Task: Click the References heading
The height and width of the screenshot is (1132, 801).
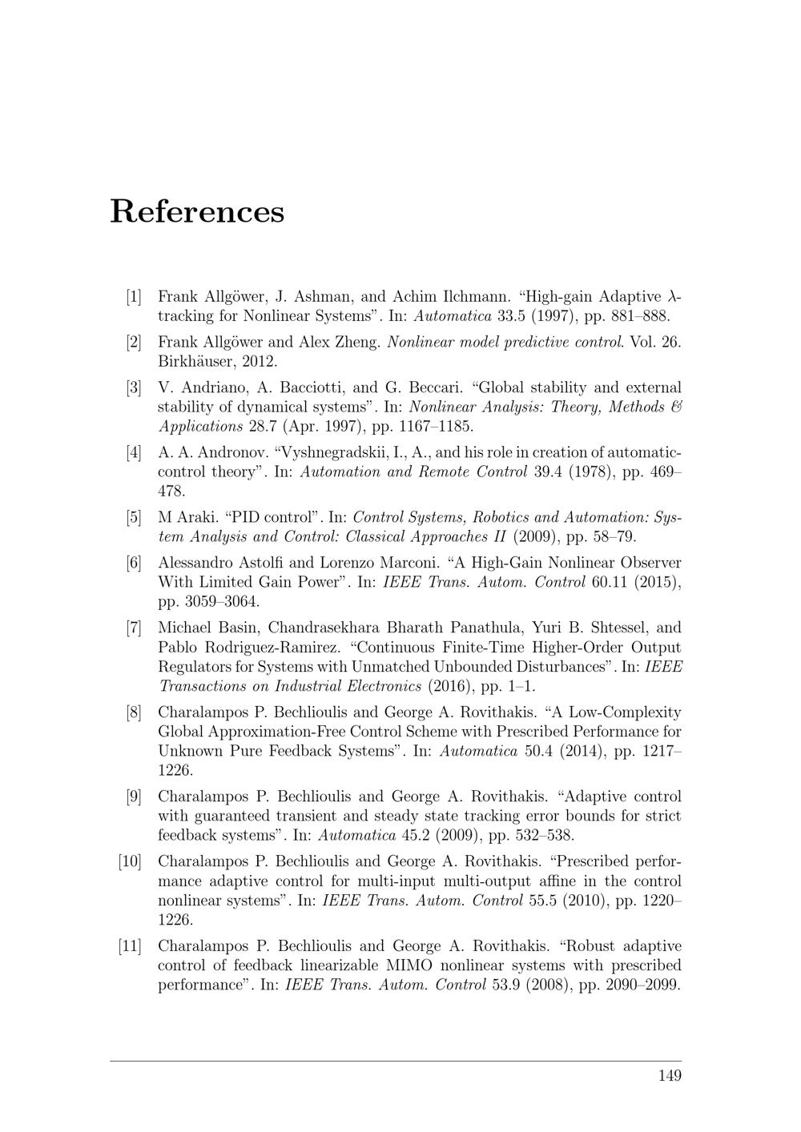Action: [x=197, y=211]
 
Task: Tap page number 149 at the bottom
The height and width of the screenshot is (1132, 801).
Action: [x=670, y=1075]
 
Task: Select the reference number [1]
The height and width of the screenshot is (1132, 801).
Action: [x=133, y=296]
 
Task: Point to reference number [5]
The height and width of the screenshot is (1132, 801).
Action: [x=133, y=516]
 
